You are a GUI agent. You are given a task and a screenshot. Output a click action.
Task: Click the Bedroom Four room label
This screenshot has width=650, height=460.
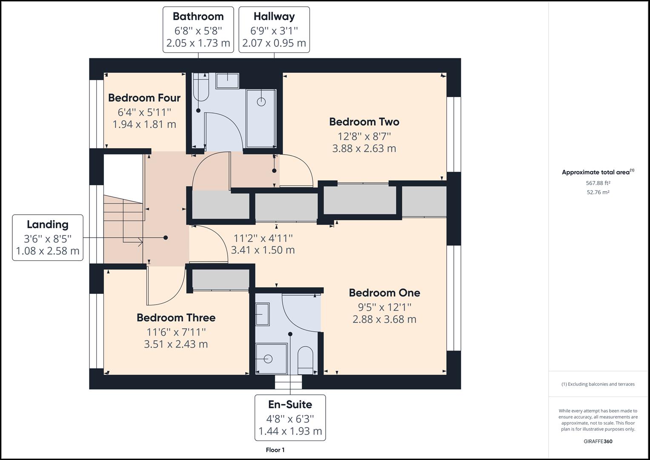pyautogui.click(x=144, y=98)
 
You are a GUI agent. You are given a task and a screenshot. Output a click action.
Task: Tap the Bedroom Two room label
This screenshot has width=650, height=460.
pyautogui.click(x=364, y=122)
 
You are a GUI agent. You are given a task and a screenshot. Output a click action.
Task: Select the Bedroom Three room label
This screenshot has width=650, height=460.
pyautogui.click(x=176, y=318)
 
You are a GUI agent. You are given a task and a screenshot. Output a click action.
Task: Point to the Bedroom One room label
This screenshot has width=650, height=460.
pyautogui.click(x=384, y=293)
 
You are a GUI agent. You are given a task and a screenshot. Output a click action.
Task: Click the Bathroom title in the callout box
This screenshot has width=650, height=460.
pyautogui.click(x=198, y=17)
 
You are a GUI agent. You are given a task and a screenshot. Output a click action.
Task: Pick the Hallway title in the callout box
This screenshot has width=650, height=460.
pyautogui.click(x=274, y=17)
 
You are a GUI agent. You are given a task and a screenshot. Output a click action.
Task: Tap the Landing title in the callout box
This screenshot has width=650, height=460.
pyautogui.click(x=48, y=225)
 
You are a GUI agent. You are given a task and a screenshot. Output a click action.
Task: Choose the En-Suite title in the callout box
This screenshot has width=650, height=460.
pyautogui.click(x=290, y=405)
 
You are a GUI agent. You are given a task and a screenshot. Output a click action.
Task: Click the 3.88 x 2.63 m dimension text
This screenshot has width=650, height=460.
pyautogui.click(x=364, y=148)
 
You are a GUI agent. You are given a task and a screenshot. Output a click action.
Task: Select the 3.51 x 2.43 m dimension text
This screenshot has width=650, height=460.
pyautogui.click(x=176, y=344)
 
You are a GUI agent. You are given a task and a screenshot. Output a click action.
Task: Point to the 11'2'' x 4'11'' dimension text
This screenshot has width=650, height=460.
pyautogui.click(x=263, y=238)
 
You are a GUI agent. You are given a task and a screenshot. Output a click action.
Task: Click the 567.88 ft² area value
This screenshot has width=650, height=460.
pyautogui.click(x=598, y=183)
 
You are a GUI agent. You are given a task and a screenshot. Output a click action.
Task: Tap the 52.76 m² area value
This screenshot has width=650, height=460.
pyautogui.click(x=598, y=192)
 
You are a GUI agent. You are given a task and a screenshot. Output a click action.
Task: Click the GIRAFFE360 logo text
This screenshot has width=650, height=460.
pyautogui.click(x=598, y=441)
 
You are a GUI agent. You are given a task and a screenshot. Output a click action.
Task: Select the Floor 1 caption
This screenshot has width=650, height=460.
pyautogui.click(x=275, y=450)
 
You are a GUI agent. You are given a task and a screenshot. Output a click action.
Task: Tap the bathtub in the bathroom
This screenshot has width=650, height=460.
pyautogui.click(x=201, y=87)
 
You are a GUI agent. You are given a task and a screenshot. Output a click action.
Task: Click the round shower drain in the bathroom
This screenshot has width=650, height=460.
pyautogui.click(x=261, y=102)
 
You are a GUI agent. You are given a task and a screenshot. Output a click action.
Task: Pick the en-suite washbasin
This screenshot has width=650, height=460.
pyautogui.click(x=263, y=314)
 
